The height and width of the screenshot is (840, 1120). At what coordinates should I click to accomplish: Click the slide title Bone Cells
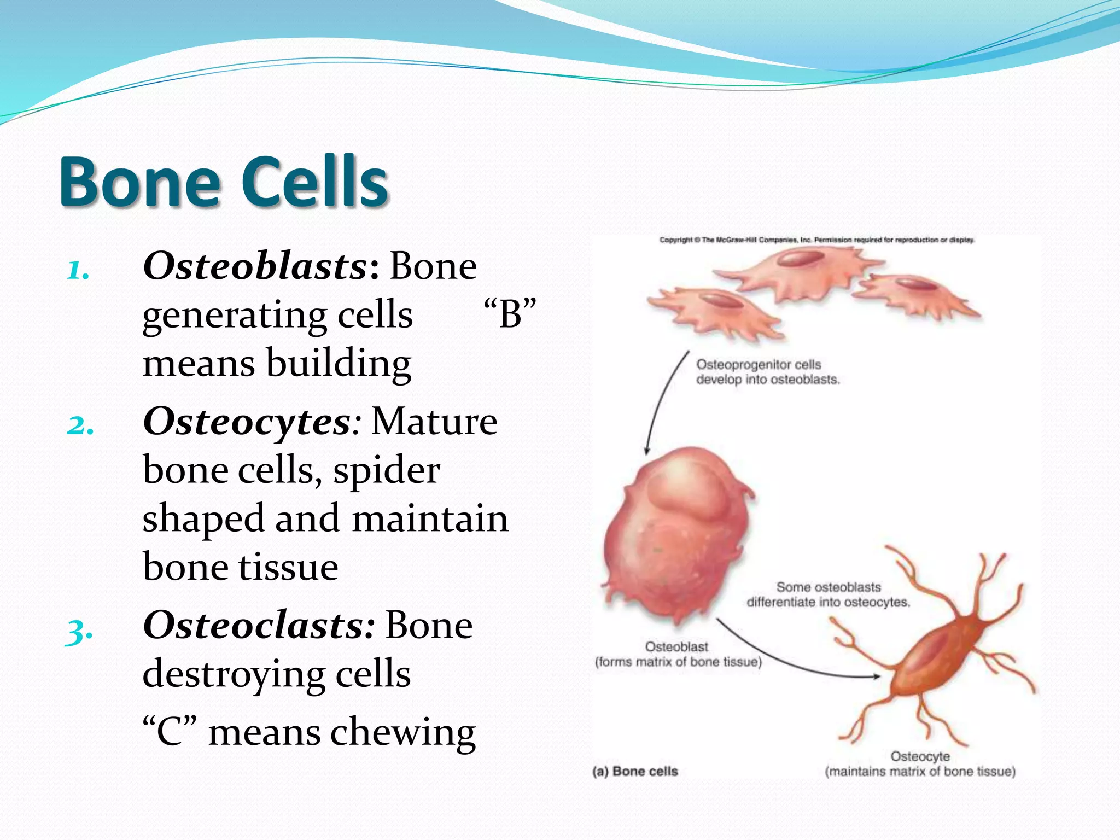[224, 182]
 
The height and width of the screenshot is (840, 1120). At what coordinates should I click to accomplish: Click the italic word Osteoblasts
[255, 266]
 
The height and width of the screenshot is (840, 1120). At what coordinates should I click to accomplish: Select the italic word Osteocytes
[246, 422]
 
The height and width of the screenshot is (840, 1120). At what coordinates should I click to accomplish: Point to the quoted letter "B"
[510, 314]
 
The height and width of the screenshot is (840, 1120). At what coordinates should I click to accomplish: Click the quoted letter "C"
[169, 732]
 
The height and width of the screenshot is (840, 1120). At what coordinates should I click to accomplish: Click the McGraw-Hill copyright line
[816, 240]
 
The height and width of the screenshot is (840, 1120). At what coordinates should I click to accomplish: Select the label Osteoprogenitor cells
[758, 364]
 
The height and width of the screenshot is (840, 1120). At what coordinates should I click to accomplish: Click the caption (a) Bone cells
[635, 771]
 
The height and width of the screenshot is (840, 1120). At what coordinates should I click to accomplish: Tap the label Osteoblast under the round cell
[676, 646]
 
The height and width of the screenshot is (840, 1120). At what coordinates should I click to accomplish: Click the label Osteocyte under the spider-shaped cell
[920, 756]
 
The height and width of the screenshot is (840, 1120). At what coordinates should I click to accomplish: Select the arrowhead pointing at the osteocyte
[877, 676]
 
